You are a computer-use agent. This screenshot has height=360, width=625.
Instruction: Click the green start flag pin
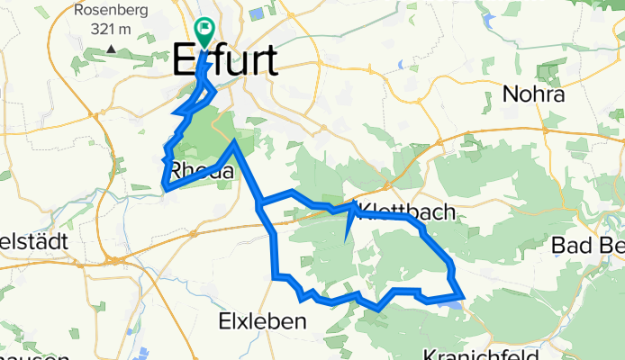coord(204,31)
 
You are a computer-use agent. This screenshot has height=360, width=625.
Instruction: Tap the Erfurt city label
coord(224,62)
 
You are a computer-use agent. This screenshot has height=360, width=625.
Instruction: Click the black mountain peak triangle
coord(111,48)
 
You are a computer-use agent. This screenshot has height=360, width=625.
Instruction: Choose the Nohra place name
coord(533,94)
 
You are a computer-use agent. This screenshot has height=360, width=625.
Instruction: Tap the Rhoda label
coord(202,169)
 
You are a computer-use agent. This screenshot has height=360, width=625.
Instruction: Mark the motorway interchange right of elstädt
coord(115,259)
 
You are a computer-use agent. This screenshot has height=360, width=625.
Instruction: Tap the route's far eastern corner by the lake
coord(461,293)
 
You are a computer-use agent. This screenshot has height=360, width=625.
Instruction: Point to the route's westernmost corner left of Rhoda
coord(165,187)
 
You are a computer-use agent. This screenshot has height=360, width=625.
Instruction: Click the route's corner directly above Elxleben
coord(276,274)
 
